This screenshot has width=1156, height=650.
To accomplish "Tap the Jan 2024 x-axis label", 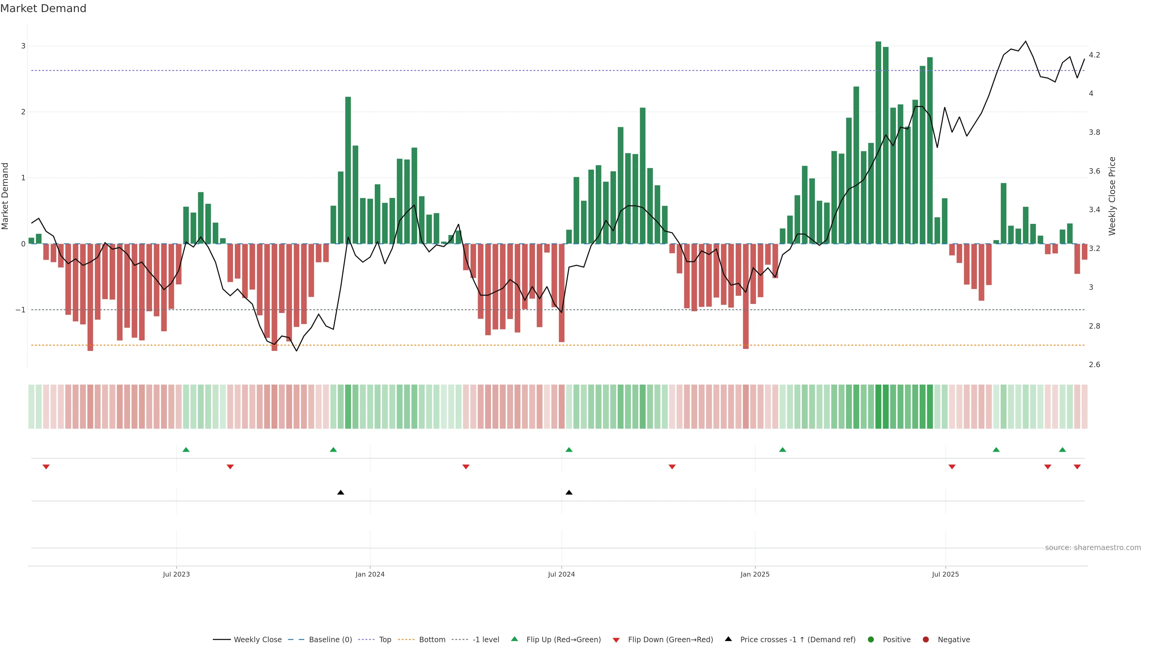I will coord(370,574).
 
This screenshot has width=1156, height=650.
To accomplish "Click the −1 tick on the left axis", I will coord(21,310).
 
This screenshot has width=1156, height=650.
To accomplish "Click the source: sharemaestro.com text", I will coord(1093,548).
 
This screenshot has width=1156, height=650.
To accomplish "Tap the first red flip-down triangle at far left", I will coord(46,467).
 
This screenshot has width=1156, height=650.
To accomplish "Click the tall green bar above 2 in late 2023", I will coord(348,170).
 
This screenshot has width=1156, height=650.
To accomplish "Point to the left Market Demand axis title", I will coord(5,196).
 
